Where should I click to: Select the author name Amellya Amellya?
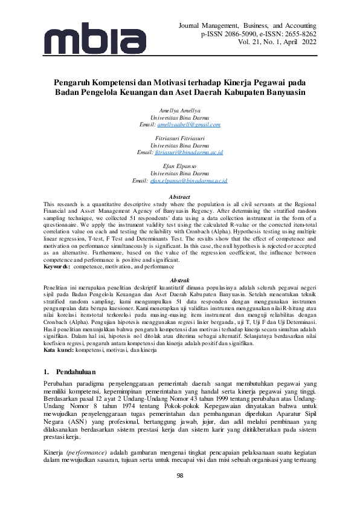pos(180,111)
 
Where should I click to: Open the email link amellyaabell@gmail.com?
pos(188,124)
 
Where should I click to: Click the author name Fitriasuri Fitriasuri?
pos(180,138)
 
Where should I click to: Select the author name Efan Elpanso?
pos(180,166)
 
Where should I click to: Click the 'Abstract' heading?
pos(180,197)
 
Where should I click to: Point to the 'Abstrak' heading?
pos(180,281)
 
